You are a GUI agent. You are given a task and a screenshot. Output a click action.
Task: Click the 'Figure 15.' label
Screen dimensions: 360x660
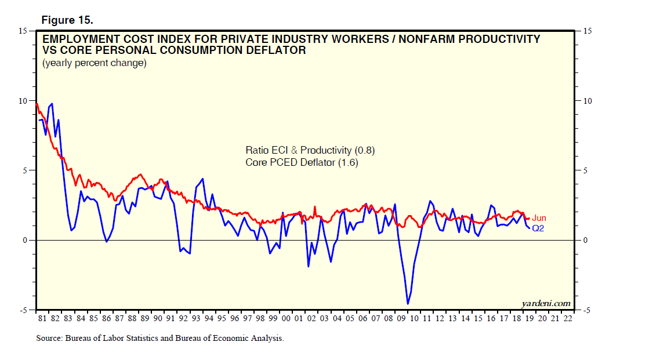pos(67,20)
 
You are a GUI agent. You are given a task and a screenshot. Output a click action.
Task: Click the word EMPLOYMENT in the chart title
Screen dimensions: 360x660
pos(78,39)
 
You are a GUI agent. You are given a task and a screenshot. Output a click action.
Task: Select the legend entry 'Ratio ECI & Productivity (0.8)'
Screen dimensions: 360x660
pos(310,151)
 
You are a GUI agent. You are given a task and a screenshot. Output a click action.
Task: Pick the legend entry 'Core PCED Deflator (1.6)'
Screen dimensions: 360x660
pos(302,163)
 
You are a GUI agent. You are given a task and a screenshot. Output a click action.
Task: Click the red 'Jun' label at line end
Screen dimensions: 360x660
pos(539,219)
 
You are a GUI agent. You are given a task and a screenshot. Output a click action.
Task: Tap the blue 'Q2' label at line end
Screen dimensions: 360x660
pos(538,228)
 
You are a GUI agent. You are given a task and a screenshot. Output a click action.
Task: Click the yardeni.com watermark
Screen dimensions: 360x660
pos(546,303)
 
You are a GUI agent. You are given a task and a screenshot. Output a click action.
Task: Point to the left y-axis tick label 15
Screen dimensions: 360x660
pos(23,30)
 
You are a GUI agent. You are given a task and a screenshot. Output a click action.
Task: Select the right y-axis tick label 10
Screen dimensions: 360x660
pos(587,101)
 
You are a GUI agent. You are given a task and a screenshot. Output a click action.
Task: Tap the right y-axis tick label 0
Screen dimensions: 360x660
pos(585,241)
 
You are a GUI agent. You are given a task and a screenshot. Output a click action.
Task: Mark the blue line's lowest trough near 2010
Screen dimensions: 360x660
pos(408,303)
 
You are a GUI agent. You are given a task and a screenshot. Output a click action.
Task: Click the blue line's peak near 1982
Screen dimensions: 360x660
pos(52,104)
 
